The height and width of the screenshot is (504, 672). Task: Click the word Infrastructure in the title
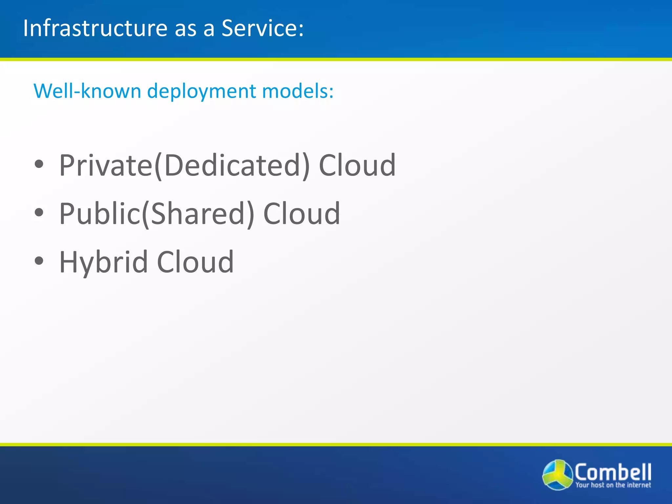(95, 28)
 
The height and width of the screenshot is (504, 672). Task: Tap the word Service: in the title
(262, 28)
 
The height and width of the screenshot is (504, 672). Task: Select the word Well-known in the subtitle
(87, 91)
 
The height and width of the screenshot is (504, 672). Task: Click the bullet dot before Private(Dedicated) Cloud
(39, 164)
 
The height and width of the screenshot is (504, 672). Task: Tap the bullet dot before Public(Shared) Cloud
(39, 213)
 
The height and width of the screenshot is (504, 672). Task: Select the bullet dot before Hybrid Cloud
(39, 261)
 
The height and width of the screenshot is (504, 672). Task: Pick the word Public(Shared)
(157, 214)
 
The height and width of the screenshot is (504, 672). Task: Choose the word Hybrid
(103, 262)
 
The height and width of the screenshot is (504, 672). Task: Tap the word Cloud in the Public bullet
(302, 214)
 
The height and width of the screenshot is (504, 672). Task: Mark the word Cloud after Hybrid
(195, 262)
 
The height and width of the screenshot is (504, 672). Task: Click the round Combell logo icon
(557, 475)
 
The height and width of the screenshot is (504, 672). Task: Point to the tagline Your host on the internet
(613, 485)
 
